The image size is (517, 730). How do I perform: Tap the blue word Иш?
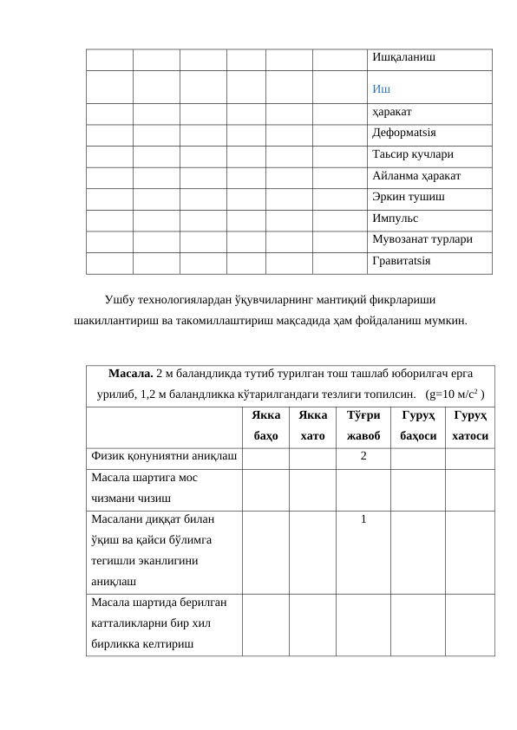coord(380,88)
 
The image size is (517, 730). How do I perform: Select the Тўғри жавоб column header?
coord(363,426)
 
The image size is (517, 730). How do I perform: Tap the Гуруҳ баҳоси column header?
coord(418,426)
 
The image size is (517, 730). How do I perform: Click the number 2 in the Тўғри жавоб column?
coord(363,456)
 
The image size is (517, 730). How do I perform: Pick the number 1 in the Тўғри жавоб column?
coord(363,519)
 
